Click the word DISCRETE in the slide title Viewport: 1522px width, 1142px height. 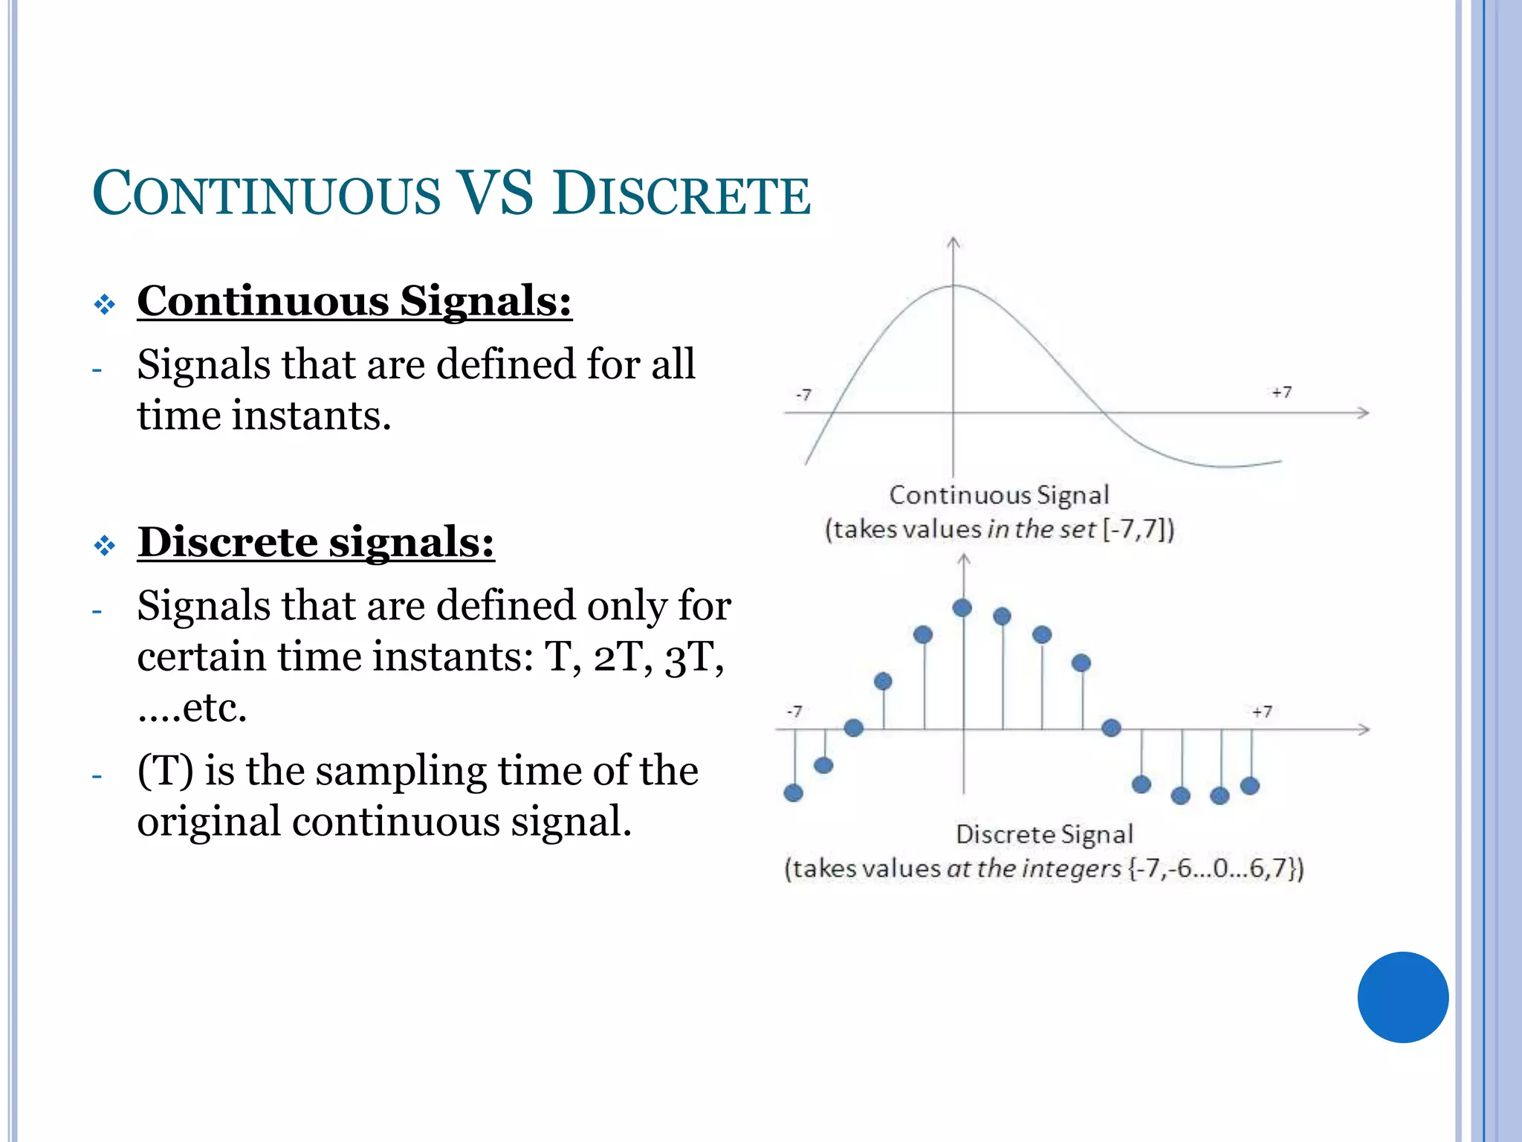pos(681,195)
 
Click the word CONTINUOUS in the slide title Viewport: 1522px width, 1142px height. pos(266,195)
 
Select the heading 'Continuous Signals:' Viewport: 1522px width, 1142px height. pos(354,301)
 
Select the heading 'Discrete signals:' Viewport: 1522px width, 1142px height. pos(316,541)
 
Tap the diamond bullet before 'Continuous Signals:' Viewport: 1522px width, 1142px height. pos(105,304)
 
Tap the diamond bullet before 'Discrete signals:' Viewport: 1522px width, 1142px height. pos(105,546)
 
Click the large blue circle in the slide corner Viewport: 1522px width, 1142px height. pos(1402,997)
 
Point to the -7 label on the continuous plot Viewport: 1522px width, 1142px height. pos(803,394)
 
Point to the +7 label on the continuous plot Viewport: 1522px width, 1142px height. pos(1281,392)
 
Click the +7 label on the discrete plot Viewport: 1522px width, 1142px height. pos(1262,712)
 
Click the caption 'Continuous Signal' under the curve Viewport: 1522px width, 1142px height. pos(998,495)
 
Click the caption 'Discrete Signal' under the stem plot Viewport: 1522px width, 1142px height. pos(1044,834)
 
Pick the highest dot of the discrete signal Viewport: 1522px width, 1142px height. pos(962,608)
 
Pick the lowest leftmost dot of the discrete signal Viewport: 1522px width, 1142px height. pos(794,793)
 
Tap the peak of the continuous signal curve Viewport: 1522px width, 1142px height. pos(954,285)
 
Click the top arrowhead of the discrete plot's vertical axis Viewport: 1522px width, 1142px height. pos(964,559)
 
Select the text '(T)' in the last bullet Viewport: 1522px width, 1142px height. pos(165,771)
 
